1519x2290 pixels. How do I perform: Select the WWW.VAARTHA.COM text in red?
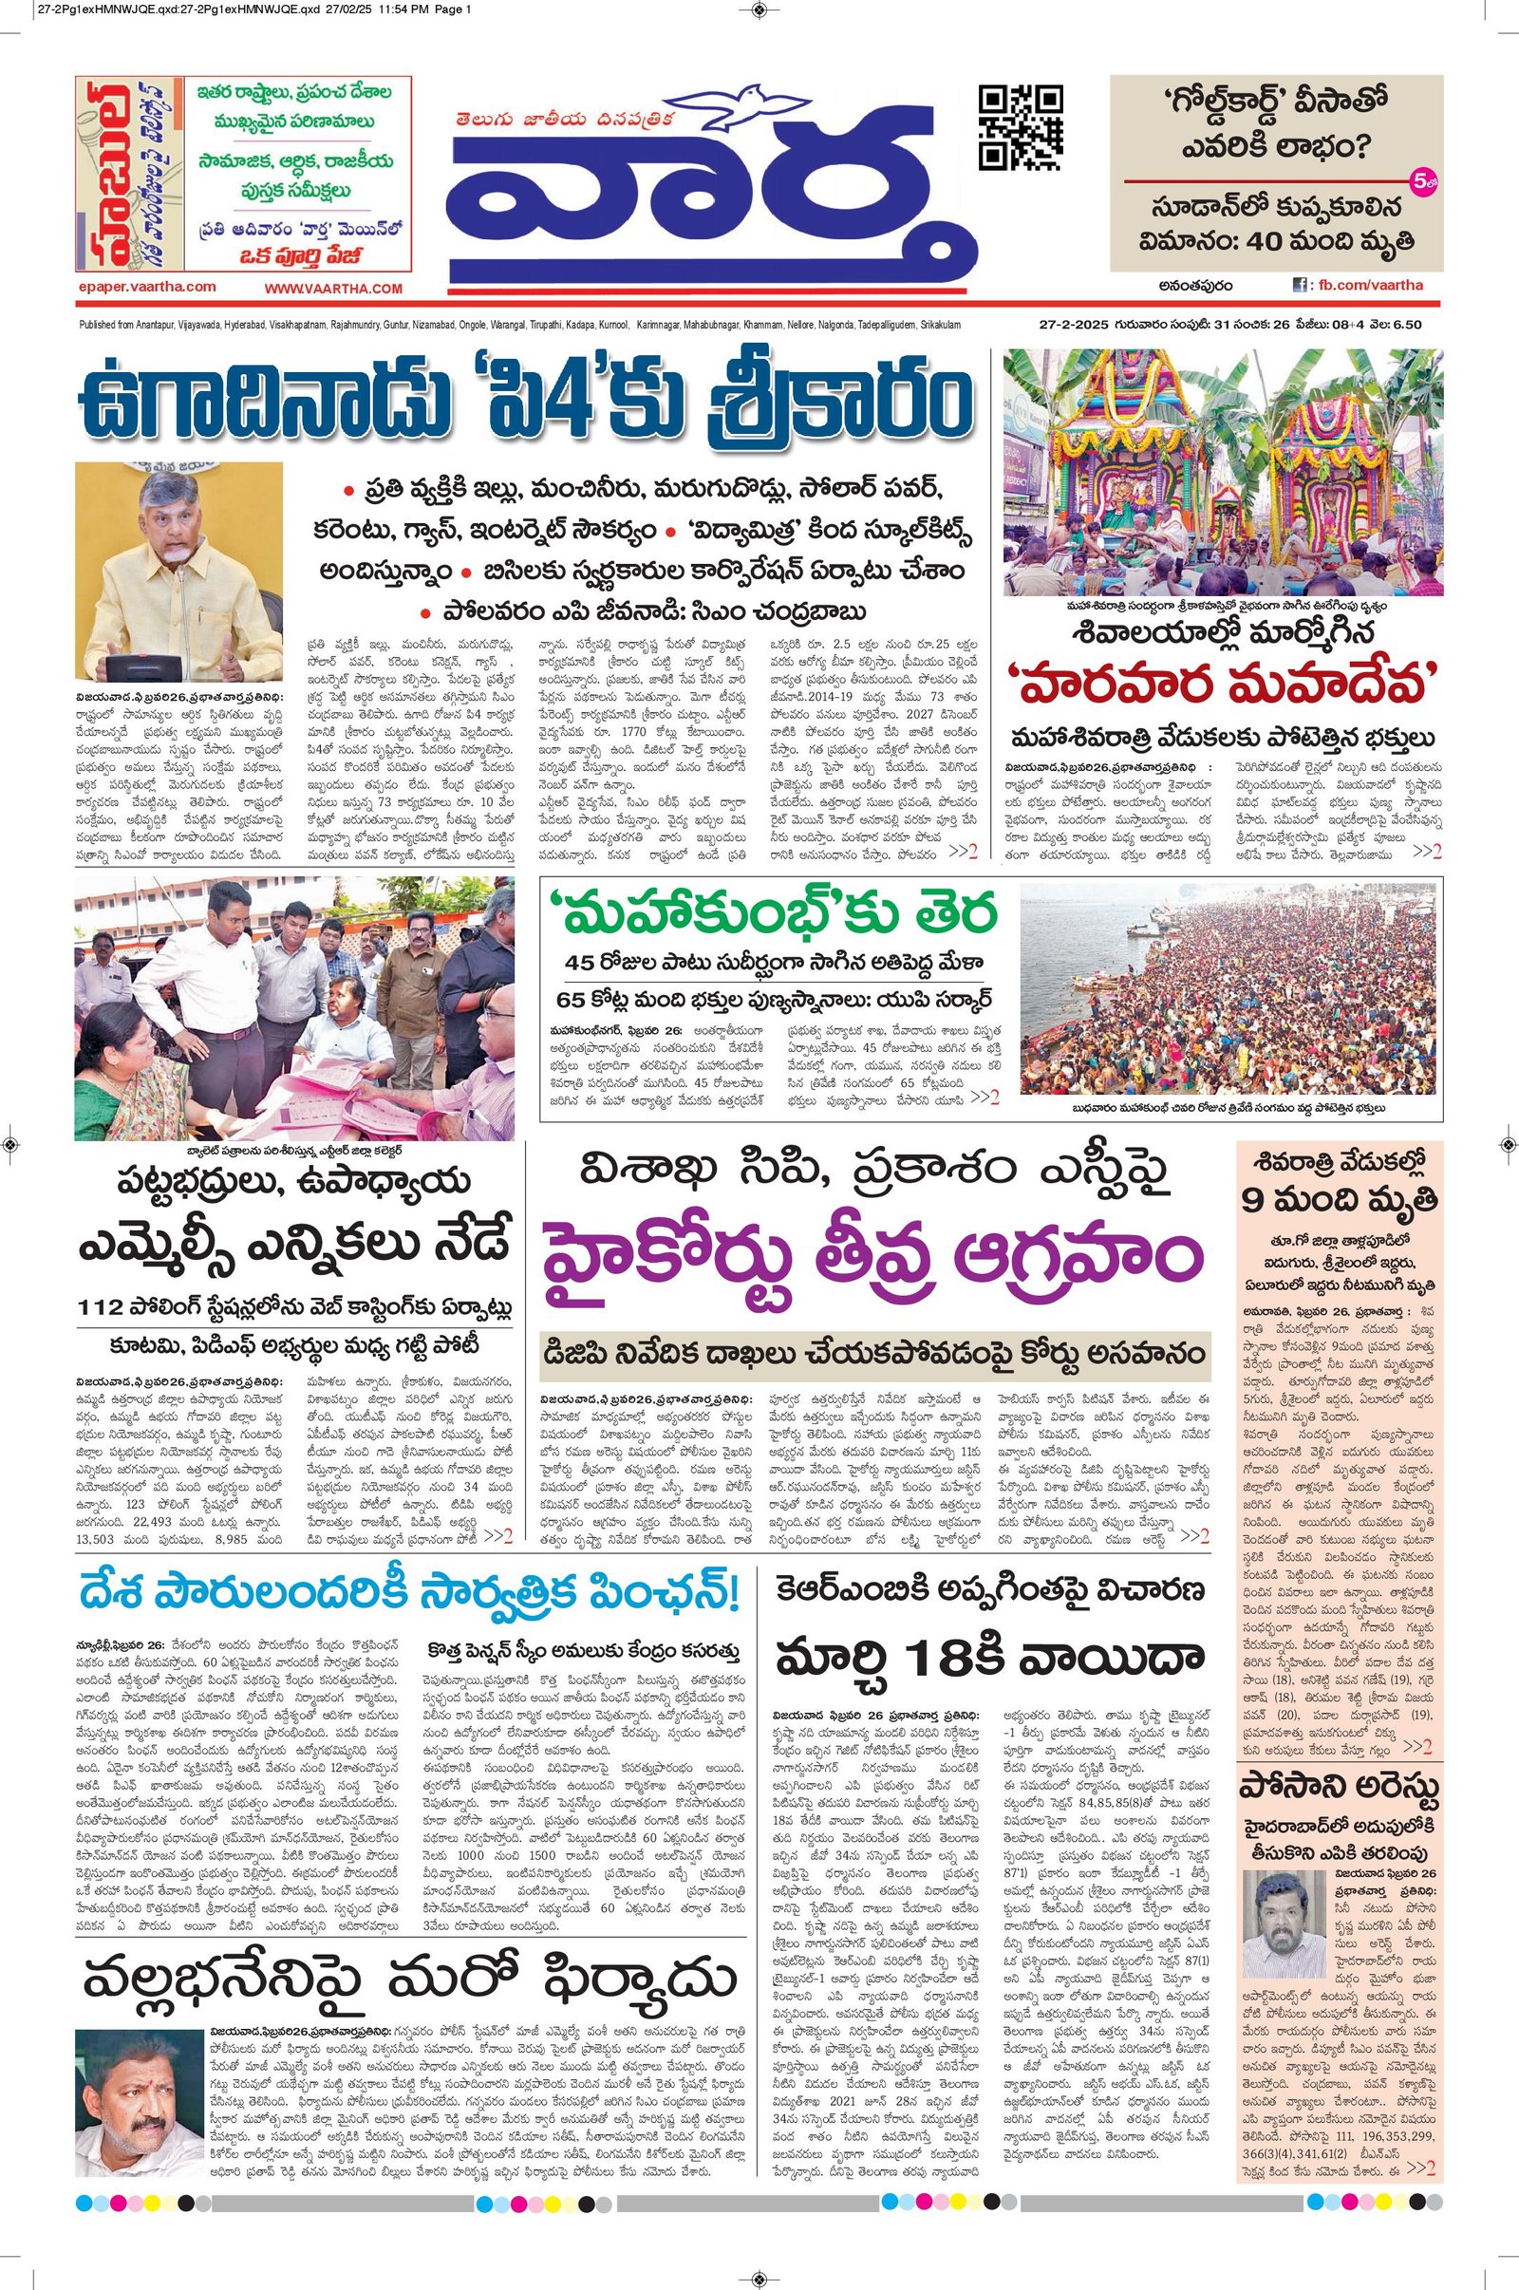click(332, 288)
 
